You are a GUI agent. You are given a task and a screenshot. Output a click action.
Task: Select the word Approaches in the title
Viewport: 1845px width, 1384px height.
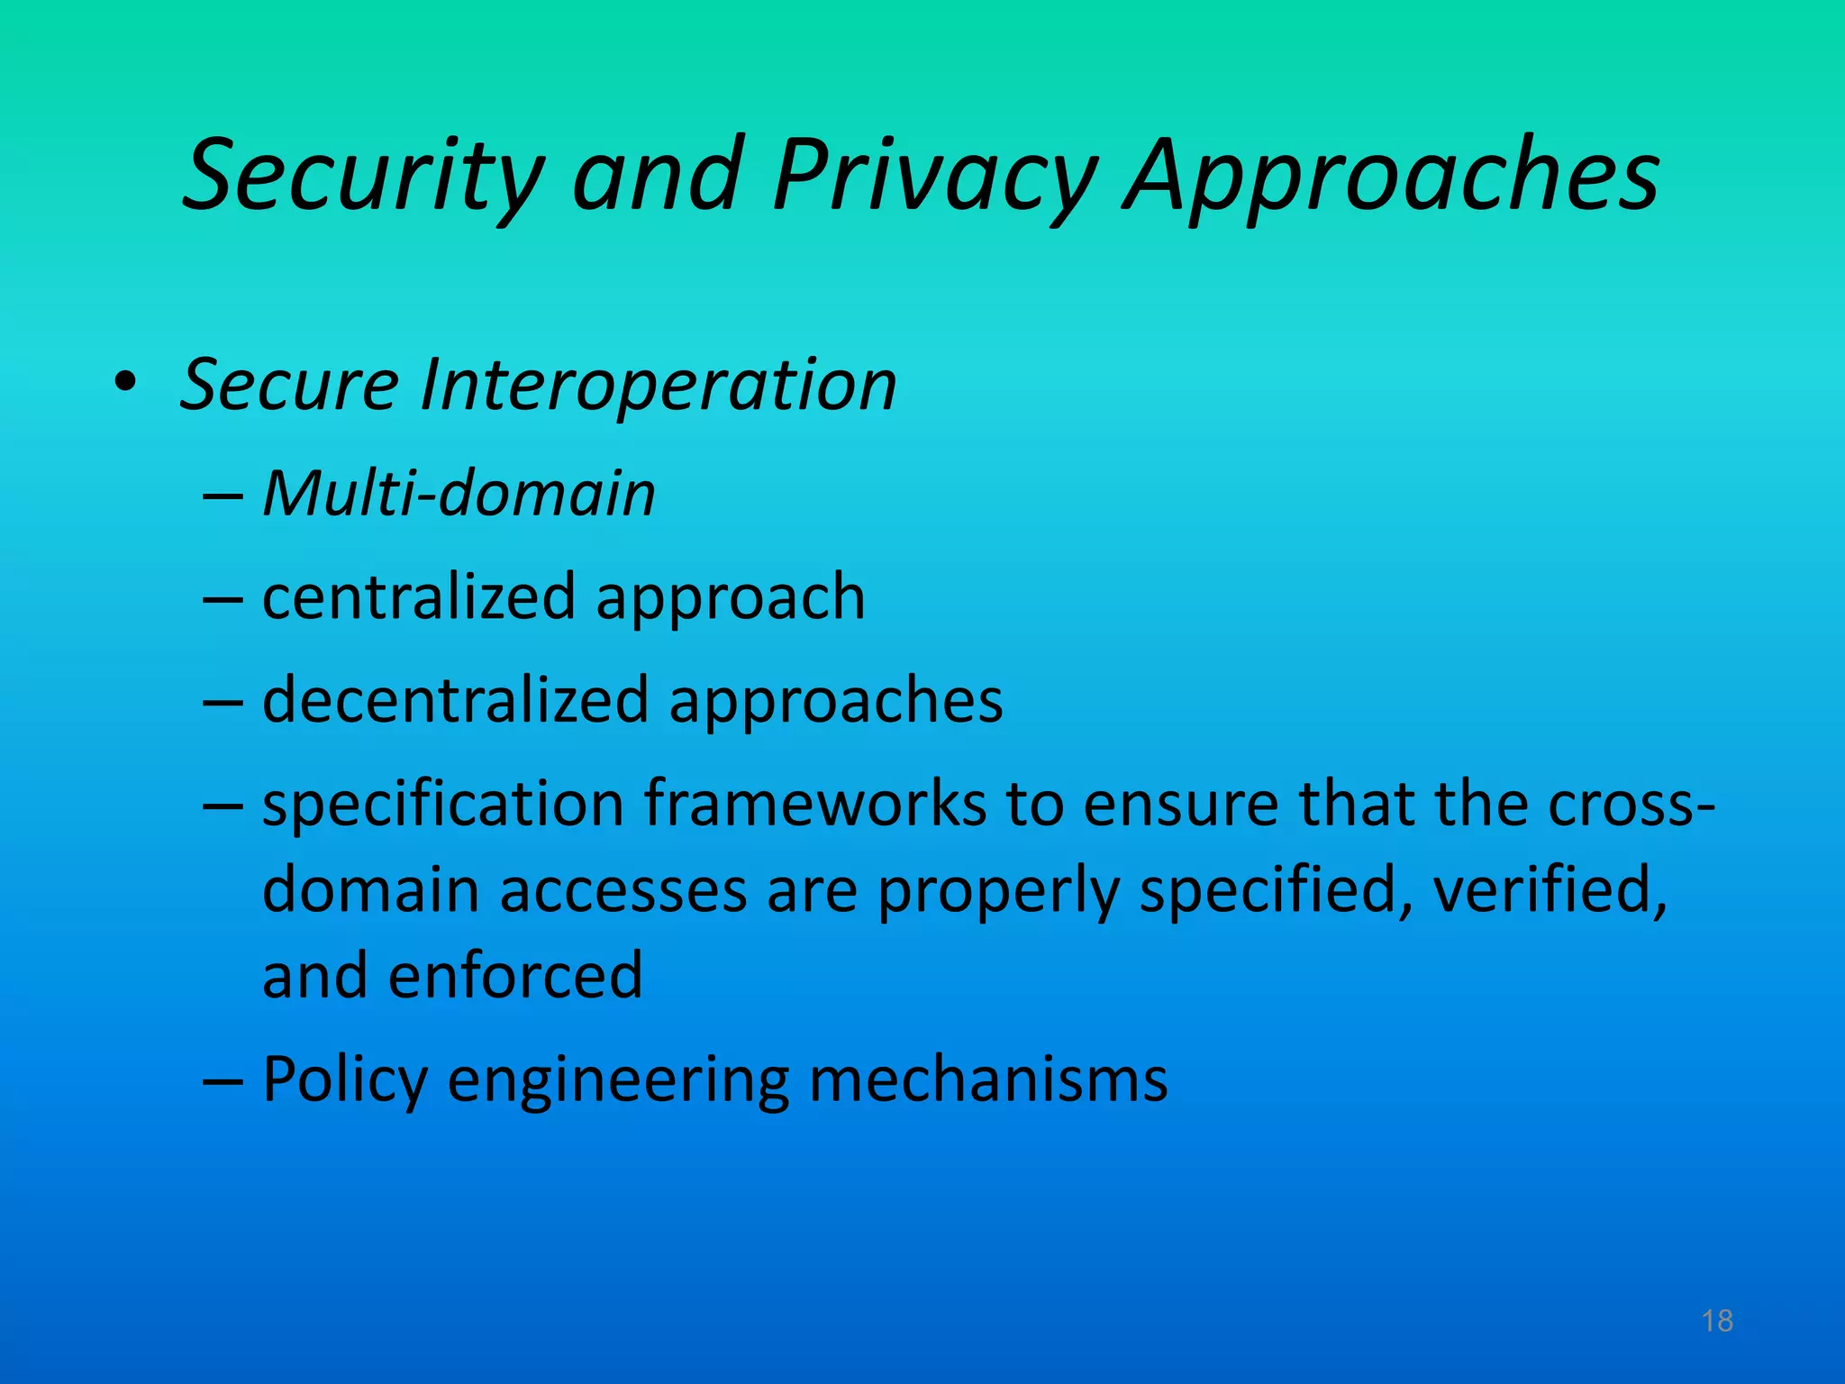coord(1391,175)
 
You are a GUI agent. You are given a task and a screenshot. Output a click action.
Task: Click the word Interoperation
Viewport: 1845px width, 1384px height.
coord(658,385)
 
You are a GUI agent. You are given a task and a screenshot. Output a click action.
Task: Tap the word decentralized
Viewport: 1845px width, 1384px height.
coord(456,700)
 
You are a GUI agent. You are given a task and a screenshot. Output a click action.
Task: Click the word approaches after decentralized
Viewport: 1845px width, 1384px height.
coord(835,701)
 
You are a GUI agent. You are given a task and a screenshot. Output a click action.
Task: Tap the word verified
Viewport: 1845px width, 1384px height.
coord(1550,890)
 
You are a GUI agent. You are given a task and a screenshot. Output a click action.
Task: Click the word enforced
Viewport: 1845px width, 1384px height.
coord(515,975)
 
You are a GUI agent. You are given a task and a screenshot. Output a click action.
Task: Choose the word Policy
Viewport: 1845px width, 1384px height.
coord(344,1079)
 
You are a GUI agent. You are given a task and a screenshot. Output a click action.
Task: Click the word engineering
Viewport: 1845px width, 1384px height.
coord(618,1079)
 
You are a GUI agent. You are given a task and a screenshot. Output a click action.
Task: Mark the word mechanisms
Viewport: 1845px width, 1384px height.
coord(988,1079)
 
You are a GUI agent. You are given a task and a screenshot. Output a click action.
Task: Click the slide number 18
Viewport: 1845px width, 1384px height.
coord(1717,1321)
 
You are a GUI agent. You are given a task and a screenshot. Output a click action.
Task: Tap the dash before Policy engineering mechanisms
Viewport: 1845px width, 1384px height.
coord(223,1079)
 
